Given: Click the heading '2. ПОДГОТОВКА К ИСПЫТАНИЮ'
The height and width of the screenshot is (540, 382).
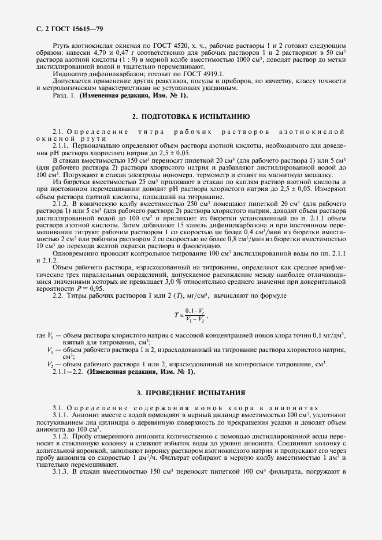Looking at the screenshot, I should coord(191,116).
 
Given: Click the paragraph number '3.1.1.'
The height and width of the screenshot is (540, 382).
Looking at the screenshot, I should coord(61,415).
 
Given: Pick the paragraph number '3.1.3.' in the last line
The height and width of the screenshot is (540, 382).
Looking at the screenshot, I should coord(61,471).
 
